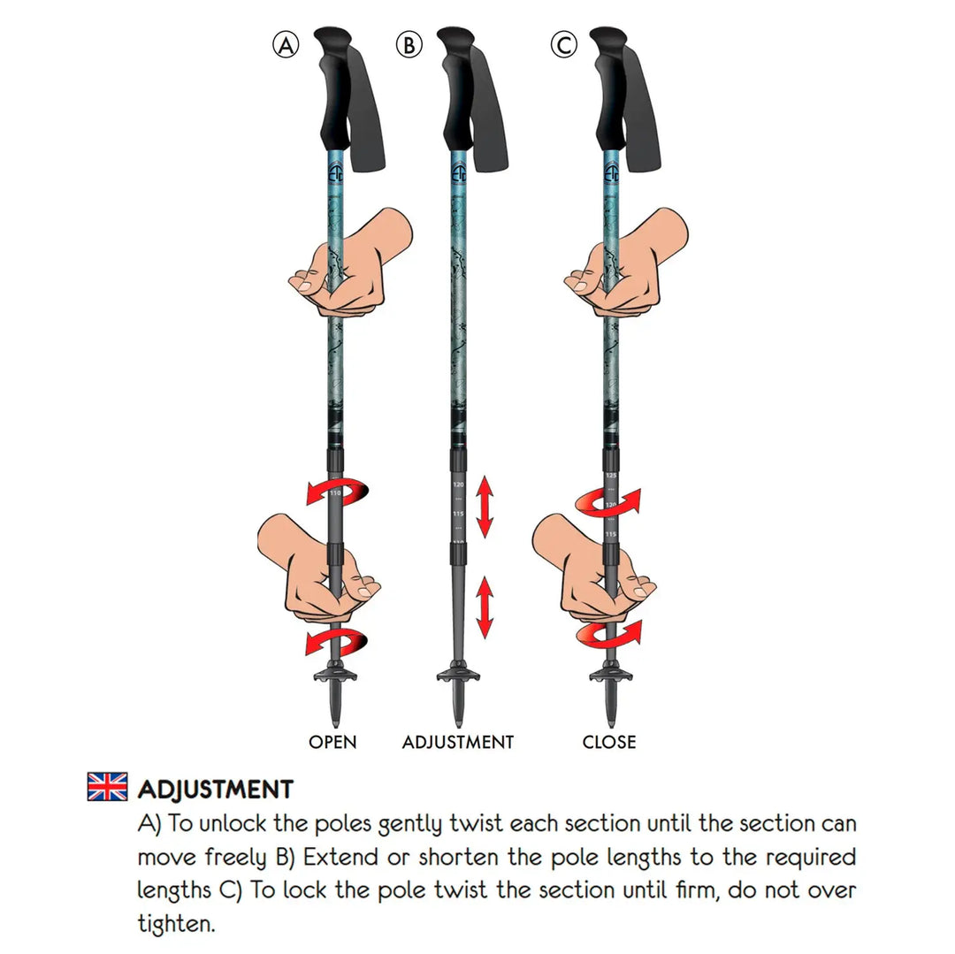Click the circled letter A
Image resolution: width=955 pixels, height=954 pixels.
click(285, 44)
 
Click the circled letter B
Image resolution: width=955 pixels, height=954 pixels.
click(409, 44)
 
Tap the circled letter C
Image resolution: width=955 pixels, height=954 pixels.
click(564, 44)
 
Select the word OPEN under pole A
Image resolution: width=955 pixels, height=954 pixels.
click(332, 742)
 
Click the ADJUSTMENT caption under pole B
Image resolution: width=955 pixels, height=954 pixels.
click(457, 742)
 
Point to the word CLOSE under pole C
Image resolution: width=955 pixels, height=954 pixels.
click(608, 742)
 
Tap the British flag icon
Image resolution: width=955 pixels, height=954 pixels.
click(107, 786)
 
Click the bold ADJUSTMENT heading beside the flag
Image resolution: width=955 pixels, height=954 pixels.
click(215, 789)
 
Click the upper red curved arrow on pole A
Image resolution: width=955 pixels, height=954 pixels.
click(335, 490)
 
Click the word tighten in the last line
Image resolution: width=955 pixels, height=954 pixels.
click(177, 926)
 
